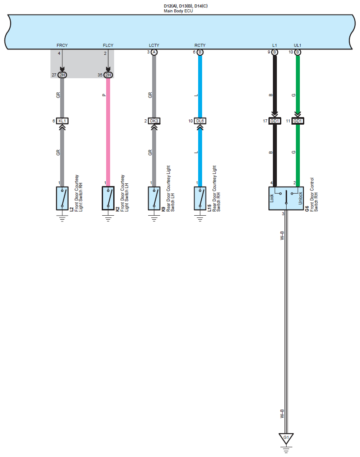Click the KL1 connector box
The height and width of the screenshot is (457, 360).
click(62, 121)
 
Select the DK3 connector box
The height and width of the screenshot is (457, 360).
click(154, 121)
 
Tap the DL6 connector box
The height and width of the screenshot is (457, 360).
click(200, 121)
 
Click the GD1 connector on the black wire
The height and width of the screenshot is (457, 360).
click(275, 121)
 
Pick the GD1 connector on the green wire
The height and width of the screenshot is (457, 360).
click(298, 121)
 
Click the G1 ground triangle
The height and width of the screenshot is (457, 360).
click(286, 438)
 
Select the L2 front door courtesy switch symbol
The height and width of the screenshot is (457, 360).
click(62, 198)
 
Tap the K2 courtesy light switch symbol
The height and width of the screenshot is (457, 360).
click(108, 198)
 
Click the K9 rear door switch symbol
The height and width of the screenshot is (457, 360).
click(154, 198)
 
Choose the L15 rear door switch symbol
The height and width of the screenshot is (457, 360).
click(200, 198)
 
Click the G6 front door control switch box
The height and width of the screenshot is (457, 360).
click(286, 198)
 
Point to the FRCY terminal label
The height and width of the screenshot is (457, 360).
click(62, 46)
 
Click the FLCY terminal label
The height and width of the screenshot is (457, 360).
click(108, 46)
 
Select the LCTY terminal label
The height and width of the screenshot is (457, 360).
click(154, 46)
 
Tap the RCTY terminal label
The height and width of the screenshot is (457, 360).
click(200, 46)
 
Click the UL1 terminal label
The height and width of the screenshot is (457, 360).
click(298, 46)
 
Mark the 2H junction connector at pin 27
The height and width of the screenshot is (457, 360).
click(62, 75)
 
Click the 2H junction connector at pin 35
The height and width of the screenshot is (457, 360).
click(108, 75)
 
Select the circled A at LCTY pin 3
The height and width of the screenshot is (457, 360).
click(154, 52)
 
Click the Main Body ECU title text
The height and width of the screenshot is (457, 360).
click(178, 11)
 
